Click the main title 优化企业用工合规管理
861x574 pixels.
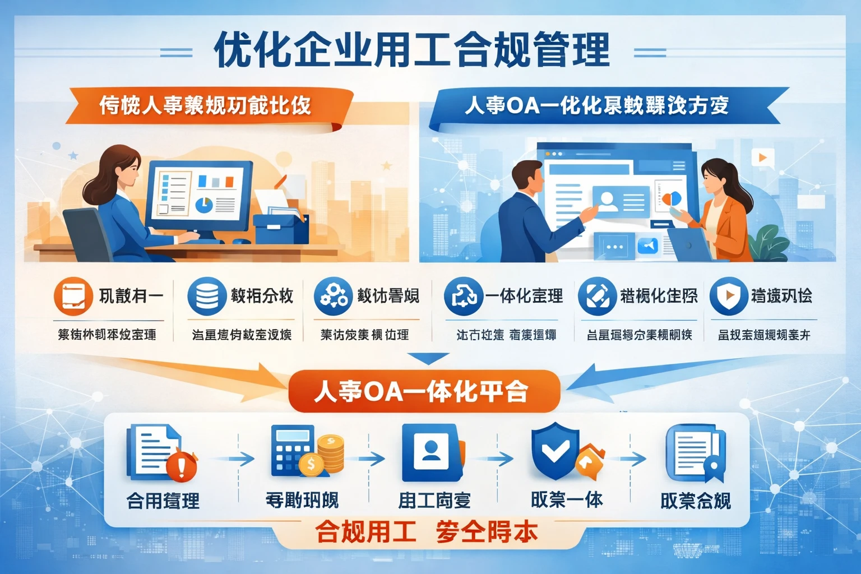coord(412,50)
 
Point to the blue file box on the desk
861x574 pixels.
coord(280,228)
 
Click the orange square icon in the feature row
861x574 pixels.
coord(73,296)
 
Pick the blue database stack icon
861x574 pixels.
coord(207,296)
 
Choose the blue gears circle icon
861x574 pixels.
coord(334,296)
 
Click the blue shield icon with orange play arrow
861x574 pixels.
coord(728,296)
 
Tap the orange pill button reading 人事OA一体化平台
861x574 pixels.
coord(424,391)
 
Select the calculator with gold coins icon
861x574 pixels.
coord(306,452)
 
